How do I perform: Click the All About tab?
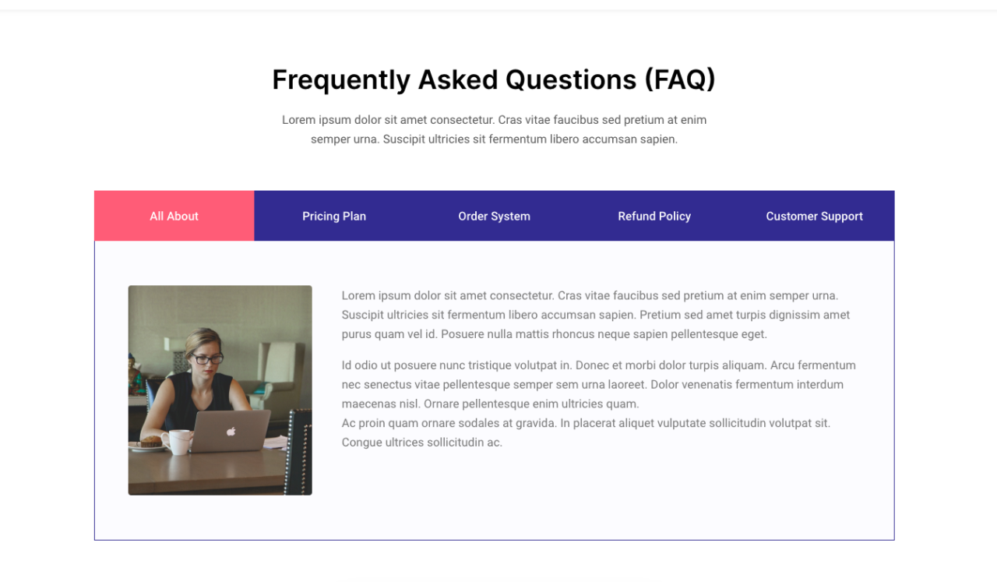174,216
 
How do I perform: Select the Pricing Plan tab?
334,216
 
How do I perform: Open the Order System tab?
494,216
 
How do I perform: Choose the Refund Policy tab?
654,216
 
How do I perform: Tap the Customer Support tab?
815,216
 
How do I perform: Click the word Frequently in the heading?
341,80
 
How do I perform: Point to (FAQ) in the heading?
680,79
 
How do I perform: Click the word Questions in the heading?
571,79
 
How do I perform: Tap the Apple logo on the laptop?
231,431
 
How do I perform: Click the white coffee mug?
177,442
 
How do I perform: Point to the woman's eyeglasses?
206,358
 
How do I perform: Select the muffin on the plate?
151,441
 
